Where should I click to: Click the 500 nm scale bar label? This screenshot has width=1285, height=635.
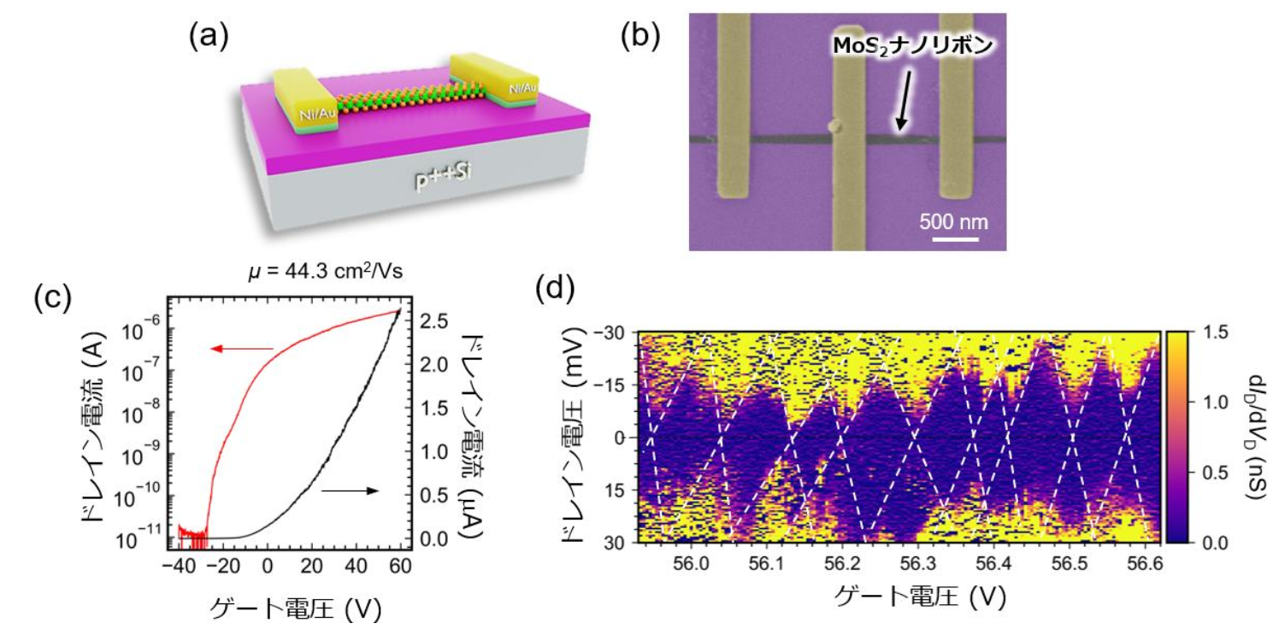[x=953, y=222]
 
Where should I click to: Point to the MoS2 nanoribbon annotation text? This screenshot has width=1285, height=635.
[x=912, y=47]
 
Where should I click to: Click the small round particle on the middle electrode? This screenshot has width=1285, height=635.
[x=836, y=126]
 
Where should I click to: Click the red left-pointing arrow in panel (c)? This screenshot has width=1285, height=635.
[x=241, y=348]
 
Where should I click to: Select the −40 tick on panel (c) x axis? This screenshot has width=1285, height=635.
[x=179, y=566]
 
